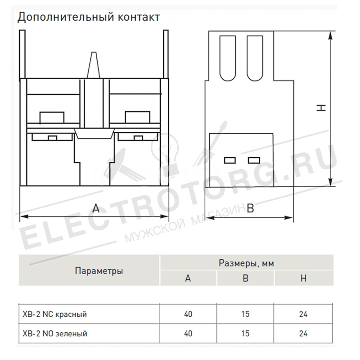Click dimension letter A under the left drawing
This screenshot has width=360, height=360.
(x=96, y=208)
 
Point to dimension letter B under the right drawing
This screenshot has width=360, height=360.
(x=250, y=208)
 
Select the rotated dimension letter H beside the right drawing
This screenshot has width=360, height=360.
(x=321, y=108)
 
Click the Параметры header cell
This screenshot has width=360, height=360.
(x=99, y=271)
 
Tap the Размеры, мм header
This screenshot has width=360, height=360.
(x=246, y=263)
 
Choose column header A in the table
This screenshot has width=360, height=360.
(x=188, y=278)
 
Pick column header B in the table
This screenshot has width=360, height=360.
(x=245, y=278)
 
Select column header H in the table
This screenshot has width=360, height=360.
(x=303, y=278)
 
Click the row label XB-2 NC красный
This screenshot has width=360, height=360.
(x=54, y=314)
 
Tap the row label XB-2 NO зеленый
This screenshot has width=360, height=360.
(x=55, y=333)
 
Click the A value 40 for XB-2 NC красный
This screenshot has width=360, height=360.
(x=188, y=314)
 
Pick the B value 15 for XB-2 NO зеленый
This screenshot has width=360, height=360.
(x=245, y=333)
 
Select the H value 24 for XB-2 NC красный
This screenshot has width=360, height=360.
(x=303, y=314)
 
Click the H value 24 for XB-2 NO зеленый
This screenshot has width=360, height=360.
(x=303, y=333)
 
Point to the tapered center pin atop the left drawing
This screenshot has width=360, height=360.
(x=94, y=65)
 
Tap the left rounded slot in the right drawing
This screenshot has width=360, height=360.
(x=228, y=58)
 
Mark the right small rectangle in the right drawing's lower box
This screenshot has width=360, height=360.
(x=254, y=160)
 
